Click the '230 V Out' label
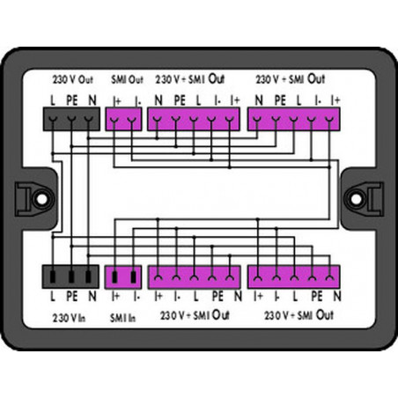pos(73,79)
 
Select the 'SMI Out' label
pos(127,79)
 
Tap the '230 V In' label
pos(69,318)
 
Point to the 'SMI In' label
pos(122,318)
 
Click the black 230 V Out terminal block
pos(71,119)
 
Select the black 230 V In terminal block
pos(70,276)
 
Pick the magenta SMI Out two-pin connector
pos(123,119)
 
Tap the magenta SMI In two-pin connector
pos(123,277)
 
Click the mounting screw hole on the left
pos(41,199)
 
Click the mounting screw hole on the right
pos(356,199)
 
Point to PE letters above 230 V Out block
pos(72,100)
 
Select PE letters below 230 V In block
pos(72,297)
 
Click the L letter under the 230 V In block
pos(53,297)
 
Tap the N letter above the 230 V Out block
pos(92,100)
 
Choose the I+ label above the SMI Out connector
pos(117,101)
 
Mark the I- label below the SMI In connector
pos(136,297)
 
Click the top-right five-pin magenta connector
pos(294,119)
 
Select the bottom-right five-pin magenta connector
pos(294,276)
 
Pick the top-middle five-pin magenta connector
pos(194,119)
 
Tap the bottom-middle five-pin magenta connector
pos(194,277)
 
